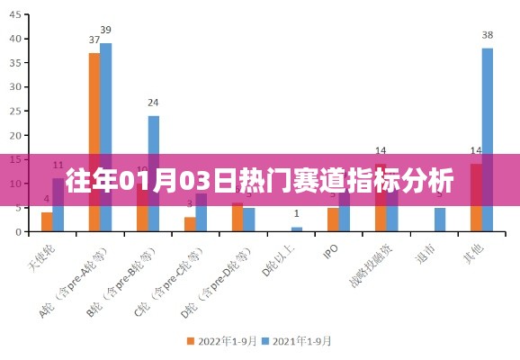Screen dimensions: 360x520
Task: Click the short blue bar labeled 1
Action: [297, 229]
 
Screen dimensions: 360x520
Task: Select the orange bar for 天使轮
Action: [47, 221]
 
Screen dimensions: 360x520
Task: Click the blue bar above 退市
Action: [440, 220]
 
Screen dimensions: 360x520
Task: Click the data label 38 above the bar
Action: [488, 35]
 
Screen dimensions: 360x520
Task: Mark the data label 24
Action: [154, 103]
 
